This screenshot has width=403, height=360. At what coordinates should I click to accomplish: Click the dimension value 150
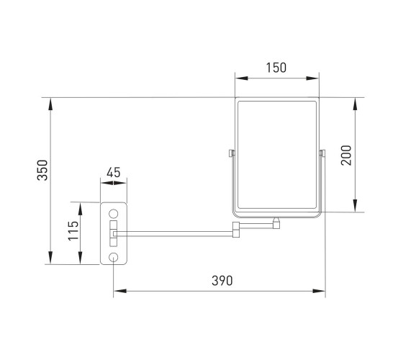(x=276, y=68)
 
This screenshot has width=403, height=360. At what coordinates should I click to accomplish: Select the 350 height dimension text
(x=42, y=170)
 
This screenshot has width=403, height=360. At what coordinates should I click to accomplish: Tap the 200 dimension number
(x=346, y=156)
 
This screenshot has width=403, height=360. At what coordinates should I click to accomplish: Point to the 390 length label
(x=222, y=281)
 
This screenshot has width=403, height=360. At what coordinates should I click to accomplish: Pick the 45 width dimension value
(x=114, y=172)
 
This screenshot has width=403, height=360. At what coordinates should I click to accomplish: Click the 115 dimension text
(x=73, y=230)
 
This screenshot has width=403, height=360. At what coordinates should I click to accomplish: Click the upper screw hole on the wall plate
(x=114, y=214)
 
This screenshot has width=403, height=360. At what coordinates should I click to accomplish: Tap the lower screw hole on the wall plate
(x=114, y=257)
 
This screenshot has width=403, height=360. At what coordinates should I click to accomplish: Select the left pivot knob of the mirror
(x=232, y=153)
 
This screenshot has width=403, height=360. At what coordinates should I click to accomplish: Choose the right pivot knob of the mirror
(x=322, y=153)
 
